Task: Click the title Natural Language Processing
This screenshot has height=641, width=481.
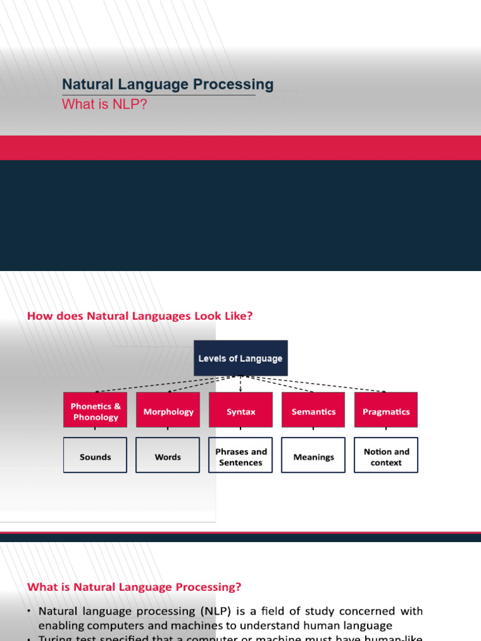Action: click(x=167, y=85)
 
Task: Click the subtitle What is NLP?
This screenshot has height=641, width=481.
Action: click(x=105, y=105)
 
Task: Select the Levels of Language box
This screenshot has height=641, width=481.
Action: click(x=240, y=359)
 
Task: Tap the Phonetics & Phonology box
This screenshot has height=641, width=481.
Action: click(x=95, y=411)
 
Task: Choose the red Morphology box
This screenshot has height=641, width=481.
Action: click(x=168, y=411)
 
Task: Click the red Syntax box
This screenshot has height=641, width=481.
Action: click(x=240, y=411)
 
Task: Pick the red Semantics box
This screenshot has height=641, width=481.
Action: click(x=313, y=411)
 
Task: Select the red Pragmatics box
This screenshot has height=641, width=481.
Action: click(x=386, y=411)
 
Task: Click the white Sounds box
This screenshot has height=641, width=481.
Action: click(x=95, y=456)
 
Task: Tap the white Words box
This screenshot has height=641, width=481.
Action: click(x=168, y=456)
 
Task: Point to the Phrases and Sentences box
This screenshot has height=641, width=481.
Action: click(x=240, y=456)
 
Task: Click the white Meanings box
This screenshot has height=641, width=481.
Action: click(x=313, y=456)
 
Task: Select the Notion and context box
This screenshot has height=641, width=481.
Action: click(x=386, y=456)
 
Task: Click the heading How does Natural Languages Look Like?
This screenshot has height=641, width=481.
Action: click(x=140, y=316)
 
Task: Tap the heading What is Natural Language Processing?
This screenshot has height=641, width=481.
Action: click(x=134, y=587)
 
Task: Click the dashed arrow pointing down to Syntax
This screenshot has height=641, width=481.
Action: click(x=240, y=384)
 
